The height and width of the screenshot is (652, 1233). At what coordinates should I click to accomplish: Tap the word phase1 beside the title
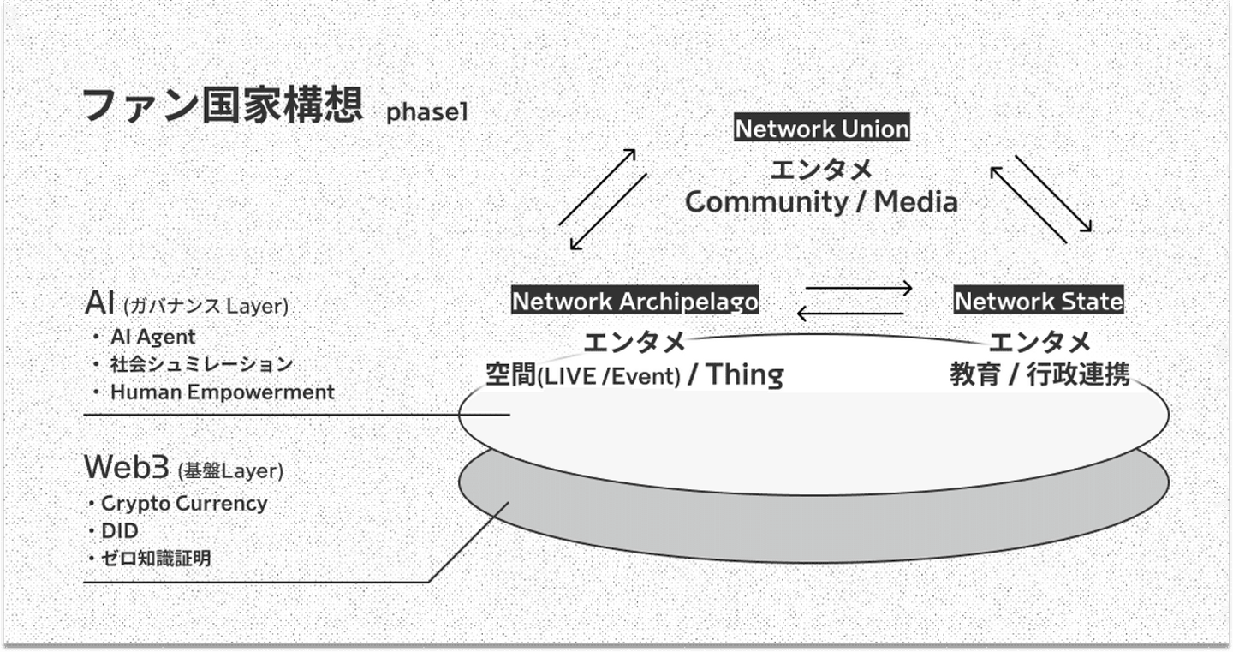coord(427,113)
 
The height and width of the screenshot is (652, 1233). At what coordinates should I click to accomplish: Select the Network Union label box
coord(822,129)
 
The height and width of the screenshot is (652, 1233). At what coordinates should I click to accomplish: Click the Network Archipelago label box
coord(634,302)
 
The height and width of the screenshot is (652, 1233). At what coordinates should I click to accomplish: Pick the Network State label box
coord(1039,302)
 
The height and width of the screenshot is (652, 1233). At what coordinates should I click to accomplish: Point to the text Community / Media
coord(821,202)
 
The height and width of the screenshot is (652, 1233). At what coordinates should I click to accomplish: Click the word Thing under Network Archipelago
coord(744,375)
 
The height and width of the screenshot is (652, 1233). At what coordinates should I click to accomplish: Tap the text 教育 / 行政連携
coord(1039,375)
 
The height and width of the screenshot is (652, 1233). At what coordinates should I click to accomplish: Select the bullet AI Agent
coord(152,337)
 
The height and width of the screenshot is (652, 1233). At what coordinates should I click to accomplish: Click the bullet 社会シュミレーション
coord(201,364)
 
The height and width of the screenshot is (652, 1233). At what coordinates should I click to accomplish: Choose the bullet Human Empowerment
coord(222,392)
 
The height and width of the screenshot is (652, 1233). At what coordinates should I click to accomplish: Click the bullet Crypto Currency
coord(183,504)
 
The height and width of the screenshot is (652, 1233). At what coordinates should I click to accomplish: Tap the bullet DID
coord(119,531)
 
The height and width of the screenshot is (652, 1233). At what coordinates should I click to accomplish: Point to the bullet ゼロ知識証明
coord(155,559)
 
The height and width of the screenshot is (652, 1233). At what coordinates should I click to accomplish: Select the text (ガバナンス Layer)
coord(205,306)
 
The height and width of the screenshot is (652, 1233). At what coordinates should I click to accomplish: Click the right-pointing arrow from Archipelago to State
coord(859,289)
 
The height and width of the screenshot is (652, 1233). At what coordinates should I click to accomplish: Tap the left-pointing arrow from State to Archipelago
coord(849,314)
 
